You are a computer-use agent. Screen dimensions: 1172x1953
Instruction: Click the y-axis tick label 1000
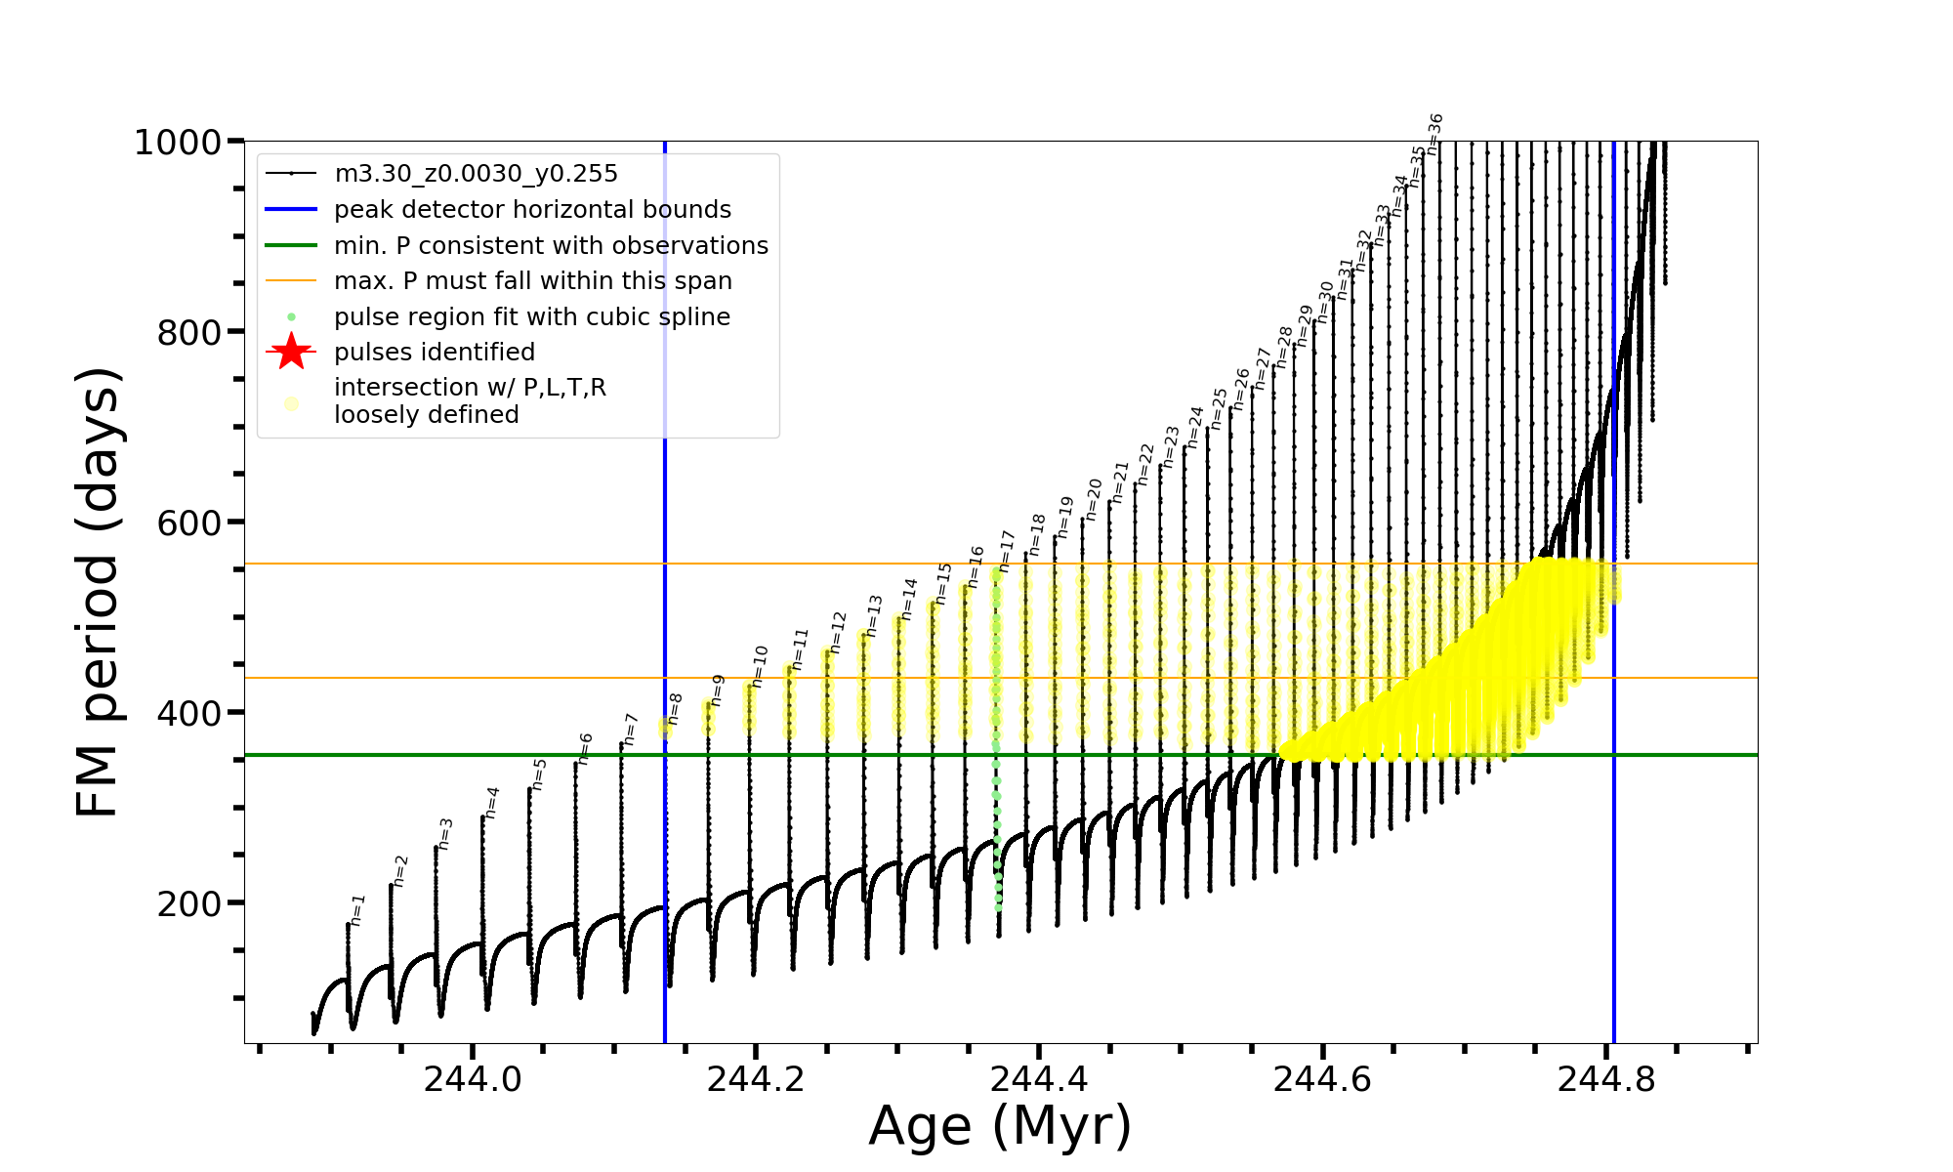click(x=178, y=144)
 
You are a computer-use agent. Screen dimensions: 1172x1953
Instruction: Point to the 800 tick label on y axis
click(x=189, y=333)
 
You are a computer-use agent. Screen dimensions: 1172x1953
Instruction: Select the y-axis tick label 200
click(x=189, y=904)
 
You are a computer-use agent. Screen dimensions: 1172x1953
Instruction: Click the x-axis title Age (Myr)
click(x=1000, y=1126)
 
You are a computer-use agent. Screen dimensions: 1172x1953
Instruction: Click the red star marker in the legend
click(x=291, y=352)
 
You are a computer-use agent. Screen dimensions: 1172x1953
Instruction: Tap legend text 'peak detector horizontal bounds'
click(x=532, y=210)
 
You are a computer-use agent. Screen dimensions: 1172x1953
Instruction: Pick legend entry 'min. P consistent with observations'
click(x=551, y=246)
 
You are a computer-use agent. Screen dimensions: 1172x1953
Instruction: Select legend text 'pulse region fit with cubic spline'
click(x=532, y=317)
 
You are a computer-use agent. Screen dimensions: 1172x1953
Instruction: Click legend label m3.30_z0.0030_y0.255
click(x=476, y=174)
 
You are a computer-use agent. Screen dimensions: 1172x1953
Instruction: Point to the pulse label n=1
click(x=357, y=909)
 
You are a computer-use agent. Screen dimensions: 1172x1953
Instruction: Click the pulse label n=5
click(x=539, y=774)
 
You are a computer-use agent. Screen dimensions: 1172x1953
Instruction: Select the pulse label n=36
click(x=1434, y=134)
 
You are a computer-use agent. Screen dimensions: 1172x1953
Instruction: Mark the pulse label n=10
click(x=761, y=666)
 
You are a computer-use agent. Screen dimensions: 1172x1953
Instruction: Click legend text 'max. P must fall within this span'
click(x=532, y=281)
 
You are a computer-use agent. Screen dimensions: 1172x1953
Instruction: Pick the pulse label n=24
click(x=1195, y=426)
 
